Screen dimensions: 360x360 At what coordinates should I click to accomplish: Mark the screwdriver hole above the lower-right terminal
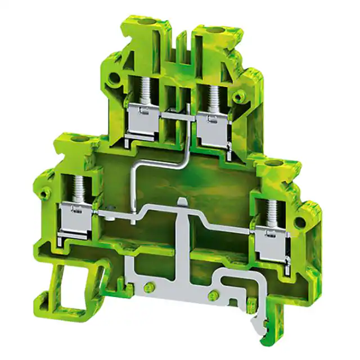pyautogui.click(x=275, y=164)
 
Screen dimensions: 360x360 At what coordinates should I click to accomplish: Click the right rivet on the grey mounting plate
pyautogui.click(x=213, y=296)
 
